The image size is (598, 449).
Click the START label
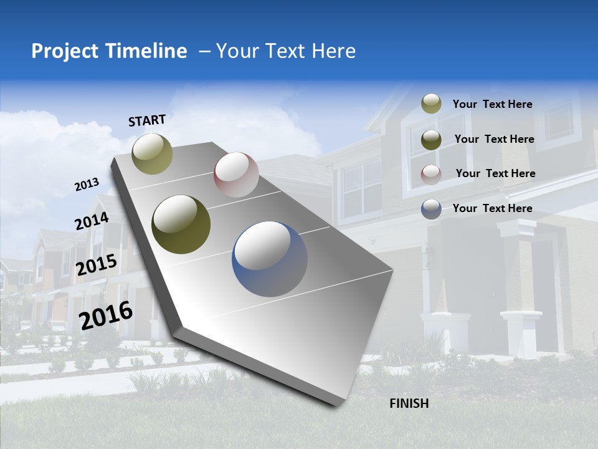[x=147, y=120]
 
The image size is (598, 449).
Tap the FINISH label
[x=409, y=403]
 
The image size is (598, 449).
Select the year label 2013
[x=87, y=184]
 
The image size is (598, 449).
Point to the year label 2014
[x=92, y=221]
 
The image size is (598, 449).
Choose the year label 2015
[x=97, y=265]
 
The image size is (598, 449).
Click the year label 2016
[x=106, y=315]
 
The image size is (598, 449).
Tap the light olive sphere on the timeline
[x=152, y=153]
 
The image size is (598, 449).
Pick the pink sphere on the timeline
[x=236, y=175]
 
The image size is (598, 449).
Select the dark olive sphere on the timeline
[x=181, y=224]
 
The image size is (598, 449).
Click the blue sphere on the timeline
[x=270, y=259]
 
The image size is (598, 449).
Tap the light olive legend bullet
[x=431, y=104]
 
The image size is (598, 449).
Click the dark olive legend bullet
[x=431, y=139]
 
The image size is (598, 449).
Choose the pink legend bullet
[x=431, y=174]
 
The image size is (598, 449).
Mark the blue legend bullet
[x=431, y=208]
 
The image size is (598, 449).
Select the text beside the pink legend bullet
[x=495, y=173]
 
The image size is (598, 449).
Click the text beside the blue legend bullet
[x=493, y=208]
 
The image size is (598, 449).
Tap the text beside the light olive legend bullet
[x=493, y=104]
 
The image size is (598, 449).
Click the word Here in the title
[x=333, y=51]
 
